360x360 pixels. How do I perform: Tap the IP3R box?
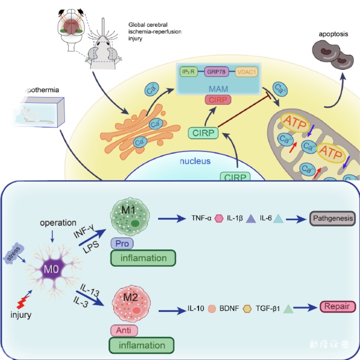186,72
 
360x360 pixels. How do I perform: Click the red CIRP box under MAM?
218,100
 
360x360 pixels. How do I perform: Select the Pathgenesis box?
333,219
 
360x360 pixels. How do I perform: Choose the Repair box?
337,307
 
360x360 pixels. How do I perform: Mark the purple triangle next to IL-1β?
251,219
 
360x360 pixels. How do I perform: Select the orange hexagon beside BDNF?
247,310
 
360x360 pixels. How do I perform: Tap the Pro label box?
123,243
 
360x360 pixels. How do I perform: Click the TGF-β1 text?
268,310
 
